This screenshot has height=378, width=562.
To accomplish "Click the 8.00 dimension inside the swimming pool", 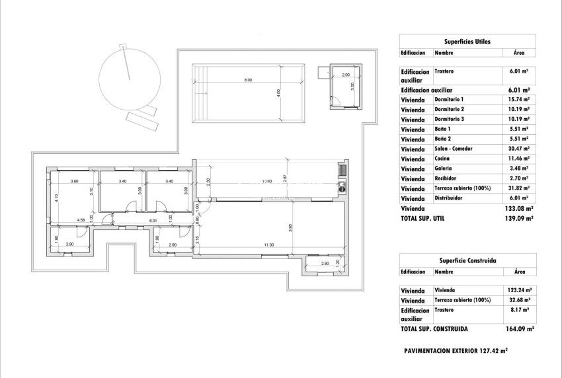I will (248, 81).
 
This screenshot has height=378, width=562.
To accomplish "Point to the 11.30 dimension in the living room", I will (268, 245).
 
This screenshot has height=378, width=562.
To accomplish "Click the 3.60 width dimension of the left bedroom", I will (74, 181).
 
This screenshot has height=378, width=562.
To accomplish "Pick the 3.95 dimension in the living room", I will (290, 229).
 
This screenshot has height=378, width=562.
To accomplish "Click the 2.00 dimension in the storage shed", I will (345, 75).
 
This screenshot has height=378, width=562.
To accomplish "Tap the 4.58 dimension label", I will (81, 220).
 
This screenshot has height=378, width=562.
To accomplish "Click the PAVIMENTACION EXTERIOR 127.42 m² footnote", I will (455, 352).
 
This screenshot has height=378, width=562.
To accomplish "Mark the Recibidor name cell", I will (448, 178).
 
